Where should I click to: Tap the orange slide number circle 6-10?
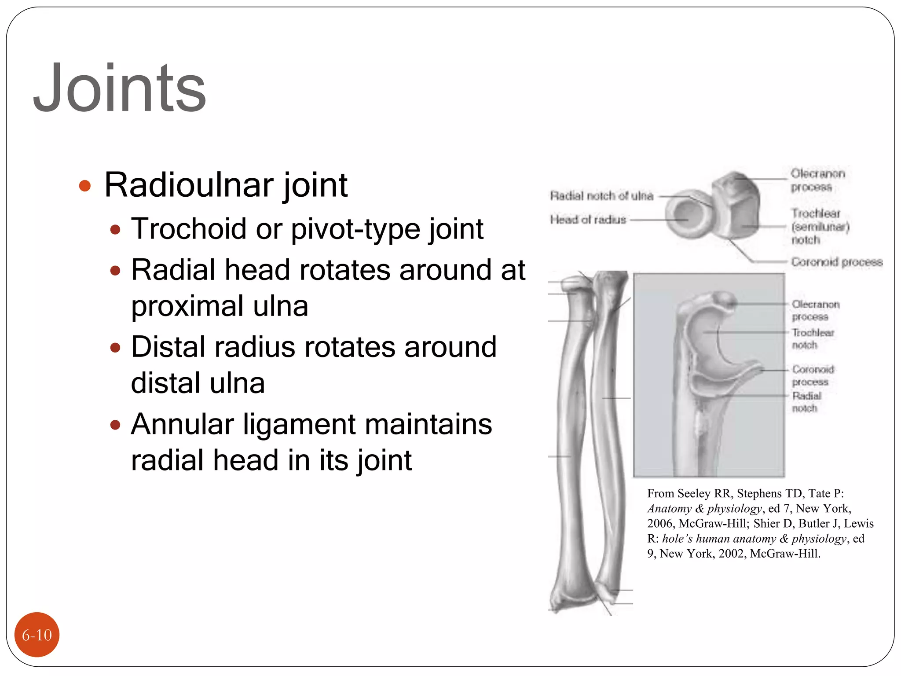pyautogui.click(x=37, y=635)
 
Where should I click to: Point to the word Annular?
pyautogui.click(x=182, y=425)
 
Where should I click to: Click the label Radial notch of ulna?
pyautogui.click(x=601, y=196)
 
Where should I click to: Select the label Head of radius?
pyautogui.click(x=588, y=219)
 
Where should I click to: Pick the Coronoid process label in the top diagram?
pyautogui.click(x=837, y=262)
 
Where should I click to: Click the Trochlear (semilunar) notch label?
pyautogui.click(x=820, y=227)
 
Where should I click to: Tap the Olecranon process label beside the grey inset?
pyautogui.click(x=815, y=310)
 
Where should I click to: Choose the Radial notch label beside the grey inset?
pyautogui.click(x=806, y=402)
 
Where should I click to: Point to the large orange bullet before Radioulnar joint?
pyautogui.click(x=84, y=186)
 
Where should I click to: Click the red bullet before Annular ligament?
pyautogui.click(x=115, y=425)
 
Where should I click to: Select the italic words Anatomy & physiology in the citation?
pyautogui.click(x=704, y=509)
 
